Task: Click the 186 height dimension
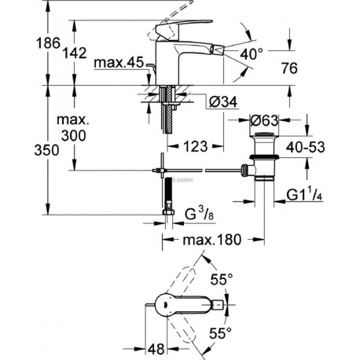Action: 48,43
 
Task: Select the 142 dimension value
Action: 75,53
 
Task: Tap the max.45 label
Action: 119,63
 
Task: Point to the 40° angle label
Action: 252,54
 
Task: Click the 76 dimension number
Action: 289,68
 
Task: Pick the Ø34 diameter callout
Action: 223,101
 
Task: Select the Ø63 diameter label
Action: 264,120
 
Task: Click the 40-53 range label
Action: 305,147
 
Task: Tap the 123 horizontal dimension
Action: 196,146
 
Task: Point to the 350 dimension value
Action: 46,150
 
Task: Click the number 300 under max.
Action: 74,136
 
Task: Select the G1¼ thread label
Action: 304,195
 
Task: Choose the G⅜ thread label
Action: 199,214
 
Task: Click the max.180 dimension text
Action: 211,240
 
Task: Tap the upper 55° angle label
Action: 222,279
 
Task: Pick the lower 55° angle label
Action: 221,333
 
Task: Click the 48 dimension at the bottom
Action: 156,349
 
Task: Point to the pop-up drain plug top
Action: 264,135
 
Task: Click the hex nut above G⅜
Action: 167,212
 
